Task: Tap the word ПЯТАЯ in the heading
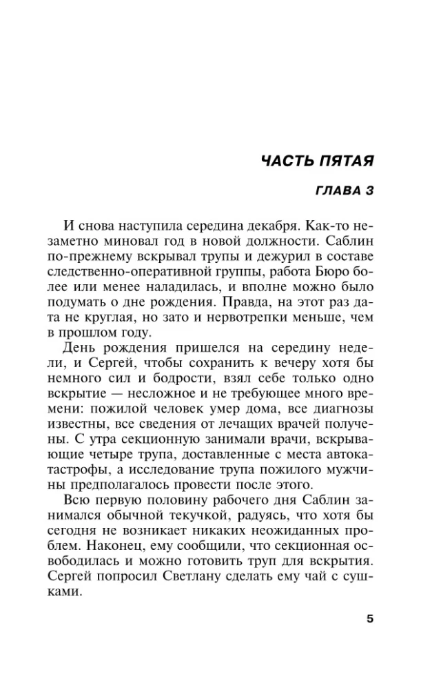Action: click(x=347, y=162)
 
